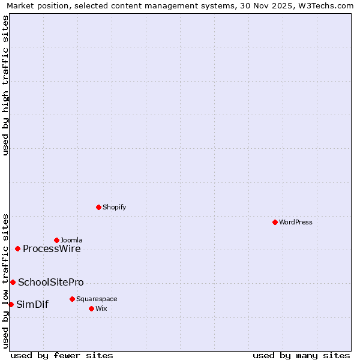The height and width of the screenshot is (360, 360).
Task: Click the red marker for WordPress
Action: click(275, 222)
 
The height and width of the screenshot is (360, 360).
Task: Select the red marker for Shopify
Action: click(98, 207)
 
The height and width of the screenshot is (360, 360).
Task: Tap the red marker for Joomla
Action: click(56, 240)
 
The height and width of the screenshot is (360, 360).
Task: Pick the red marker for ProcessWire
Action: click(17, 248)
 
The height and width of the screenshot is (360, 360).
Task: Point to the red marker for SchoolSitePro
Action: click(13, 282)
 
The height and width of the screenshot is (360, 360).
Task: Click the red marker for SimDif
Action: click(11, 304)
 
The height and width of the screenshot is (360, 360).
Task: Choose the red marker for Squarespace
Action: click(72, 299)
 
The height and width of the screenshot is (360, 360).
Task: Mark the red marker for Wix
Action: click(91, 308)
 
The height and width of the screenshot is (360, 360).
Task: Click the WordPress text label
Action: click(296, 222)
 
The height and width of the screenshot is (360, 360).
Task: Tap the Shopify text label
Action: click(114, 207)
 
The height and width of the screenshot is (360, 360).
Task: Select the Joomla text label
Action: click(71, 240)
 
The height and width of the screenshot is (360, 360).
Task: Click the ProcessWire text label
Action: click(52, 249)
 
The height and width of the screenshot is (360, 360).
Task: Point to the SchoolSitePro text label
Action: click(51, 283)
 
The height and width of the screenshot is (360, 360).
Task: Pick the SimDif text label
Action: click(32, 305)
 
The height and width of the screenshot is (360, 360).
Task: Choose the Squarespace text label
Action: click(97, 299)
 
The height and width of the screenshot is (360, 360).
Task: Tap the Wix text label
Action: click(101, 308)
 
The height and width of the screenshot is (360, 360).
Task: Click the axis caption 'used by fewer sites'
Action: click(62, 355)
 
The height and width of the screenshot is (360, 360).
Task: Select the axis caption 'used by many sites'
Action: click(301, 355)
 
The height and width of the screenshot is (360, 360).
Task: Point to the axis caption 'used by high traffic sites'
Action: click(5, 85)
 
